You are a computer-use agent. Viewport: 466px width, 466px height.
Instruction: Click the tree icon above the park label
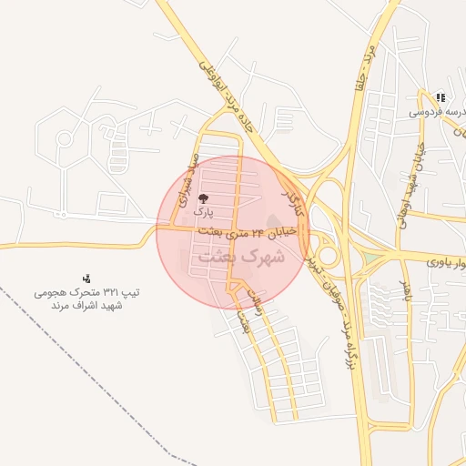pos(202,197)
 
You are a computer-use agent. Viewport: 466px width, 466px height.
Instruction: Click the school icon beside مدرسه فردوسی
pos(441,97)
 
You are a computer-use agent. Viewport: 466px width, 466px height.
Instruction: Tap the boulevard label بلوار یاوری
pos(445,264)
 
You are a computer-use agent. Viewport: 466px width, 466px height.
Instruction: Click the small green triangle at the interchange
pos(368,263)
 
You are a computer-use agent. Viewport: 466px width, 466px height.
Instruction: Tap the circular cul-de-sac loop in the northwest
pos(66,139)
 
